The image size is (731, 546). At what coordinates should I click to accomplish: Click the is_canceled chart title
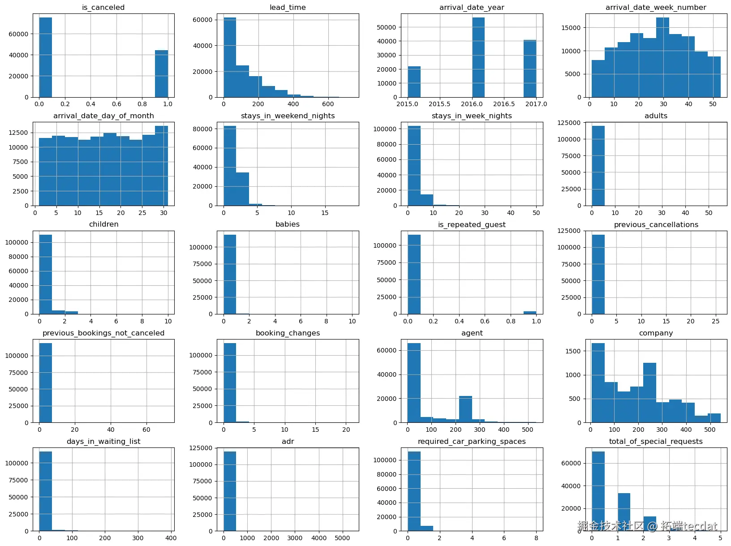(103, 7)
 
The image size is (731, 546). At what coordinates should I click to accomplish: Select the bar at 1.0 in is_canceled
(161, 73)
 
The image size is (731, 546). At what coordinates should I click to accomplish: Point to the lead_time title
(288, 7)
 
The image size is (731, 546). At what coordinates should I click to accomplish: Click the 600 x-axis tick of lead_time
(327, 104)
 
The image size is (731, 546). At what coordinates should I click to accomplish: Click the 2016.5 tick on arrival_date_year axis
(504, 104)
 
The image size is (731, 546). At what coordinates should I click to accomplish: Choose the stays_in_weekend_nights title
(288, 116)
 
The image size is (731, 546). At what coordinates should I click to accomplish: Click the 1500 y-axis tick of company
(574, 351)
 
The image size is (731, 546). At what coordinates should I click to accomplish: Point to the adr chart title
(288, 441)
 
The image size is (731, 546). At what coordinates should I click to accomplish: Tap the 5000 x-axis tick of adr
(342, 538)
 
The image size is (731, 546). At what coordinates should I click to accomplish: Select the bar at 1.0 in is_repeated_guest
(530, 313)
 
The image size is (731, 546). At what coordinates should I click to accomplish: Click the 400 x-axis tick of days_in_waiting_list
(171, 538)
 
